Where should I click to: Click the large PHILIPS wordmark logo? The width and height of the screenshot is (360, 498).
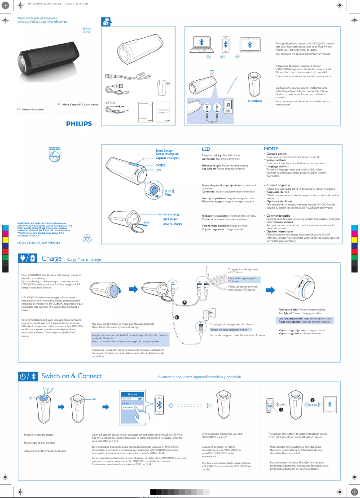(79, 123)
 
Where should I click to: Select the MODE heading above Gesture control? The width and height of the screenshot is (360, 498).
(271, 149)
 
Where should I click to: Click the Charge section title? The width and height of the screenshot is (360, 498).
(52, 258)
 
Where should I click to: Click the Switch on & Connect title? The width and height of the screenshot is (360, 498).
(71, 376)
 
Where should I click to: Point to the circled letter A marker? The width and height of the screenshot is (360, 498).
(184, 301)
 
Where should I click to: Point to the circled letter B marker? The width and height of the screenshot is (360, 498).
(177, 317)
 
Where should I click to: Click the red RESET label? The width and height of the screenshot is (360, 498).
(147, 223)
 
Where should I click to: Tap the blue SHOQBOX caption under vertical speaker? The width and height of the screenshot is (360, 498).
(255, 101)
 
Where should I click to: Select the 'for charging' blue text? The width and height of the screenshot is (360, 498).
(171, 214)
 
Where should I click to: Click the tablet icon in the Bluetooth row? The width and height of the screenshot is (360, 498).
(250, 44)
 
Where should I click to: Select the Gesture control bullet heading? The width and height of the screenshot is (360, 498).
(277, 153)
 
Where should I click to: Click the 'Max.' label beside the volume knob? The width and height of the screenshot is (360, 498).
(168, 194)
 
